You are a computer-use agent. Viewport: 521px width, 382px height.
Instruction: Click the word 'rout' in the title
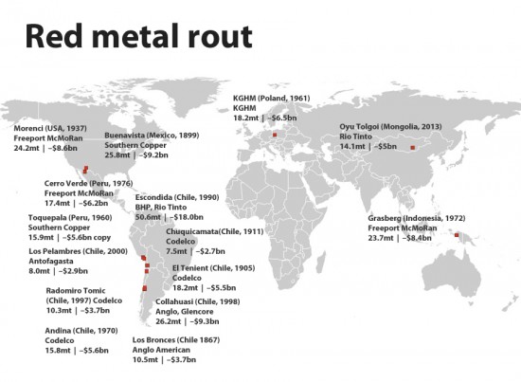[220, 37]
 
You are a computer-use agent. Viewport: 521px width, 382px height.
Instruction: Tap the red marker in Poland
[274, 136]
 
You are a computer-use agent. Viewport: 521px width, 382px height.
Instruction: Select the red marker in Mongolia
[411, 147]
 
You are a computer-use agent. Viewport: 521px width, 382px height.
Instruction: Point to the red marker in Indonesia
[457, 235]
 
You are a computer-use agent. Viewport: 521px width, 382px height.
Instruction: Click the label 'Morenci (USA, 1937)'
[49, 128]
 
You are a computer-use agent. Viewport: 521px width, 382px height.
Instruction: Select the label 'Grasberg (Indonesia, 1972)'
[413, 218]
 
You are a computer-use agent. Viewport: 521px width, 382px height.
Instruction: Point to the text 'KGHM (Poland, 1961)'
[271, 98]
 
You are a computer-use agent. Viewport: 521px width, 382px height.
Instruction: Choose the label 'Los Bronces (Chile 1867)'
[176, 339]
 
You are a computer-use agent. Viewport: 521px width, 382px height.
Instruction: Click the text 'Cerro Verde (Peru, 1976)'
[87, 183]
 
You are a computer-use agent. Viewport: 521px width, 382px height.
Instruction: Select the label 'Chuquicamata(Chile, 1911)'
[215, 231]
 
